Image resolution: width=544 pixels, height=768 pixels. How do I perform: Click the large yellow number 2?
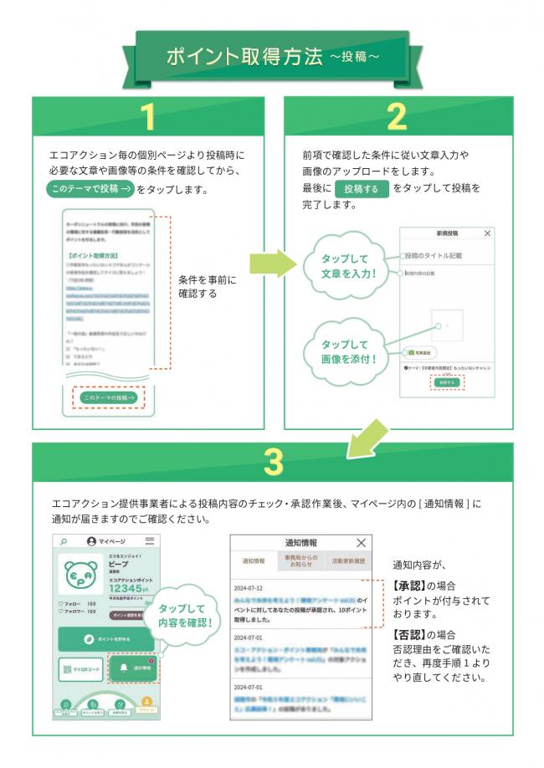point(397,118)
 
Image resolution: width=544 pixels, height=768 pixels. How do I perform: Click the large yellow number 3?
point(272,462)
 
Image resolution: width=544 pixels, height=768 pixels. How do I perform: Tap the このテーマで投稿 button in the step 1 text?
point(90,189)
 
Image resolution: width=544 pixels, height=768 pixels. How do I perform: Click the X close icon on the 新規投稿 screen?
point(488,235)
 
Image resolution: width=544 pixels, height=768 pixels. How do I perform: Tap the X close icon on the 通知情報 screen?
point(361,543)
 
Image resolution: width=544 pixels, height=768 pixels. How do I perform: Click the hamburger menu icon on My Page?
point(150,541)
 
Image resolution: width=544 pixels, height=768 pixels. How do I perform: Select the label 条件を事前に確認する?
point(208,287)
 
